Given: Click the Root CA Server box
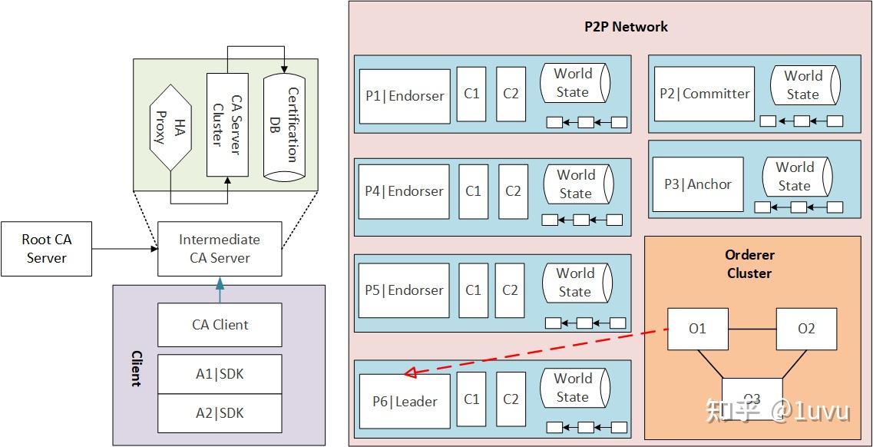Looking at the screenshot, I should [x=46, y=249].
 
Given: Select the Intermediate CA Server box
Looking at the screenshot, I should [x=220, y=249].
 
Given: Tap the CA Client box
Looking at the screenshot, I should [x=220, y=325].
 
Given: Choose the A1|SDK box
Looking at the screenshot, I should [x=220, y=374].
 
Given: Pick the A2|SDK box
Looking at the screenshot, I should [x=220, y=413].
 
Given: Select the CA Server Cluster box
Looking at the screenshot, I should [x=227, y=124].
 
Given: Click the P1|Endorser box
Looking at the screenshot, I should [x=405, y=96].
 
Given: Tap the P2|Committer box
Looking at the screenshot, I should [x=704, y=94].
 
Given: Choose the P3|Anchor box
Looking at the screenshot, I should [x=698, y=184].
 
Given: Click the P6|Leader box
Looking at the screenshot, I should [x=405, y=401].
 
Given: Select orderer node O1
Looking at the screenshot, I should [x=697, y=329].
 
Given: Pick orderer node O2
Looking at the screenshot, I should [x=806, y=329].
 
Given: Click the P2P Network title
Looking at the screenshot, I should [x=626, y=27].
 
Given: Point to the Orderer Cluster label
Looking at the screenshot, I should [x=749, y=263].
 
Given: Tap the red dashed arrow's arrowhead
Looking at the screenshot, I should [x=411, y=372].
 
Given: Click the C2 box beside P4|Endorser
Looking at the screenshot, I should [x=513, y=191].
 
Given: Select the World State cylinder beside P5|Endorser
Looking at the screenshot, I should [x=576, y=283].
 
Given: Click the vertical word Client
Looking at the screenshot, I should [x=136, y=369].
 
